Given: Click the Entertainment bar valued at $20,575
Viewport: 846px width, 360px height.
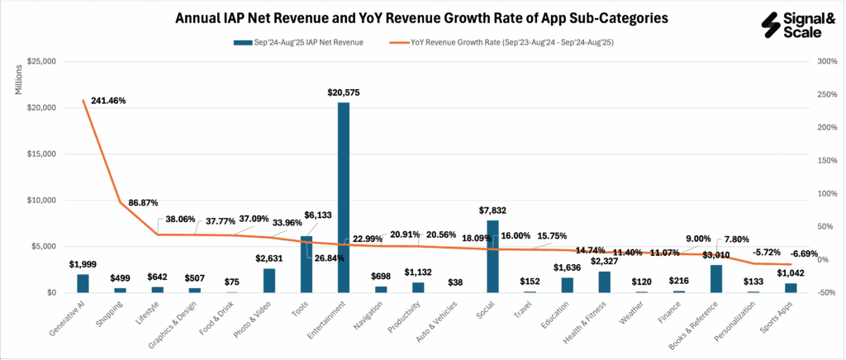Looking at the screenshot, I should pyautogui.click(x=343, y=197).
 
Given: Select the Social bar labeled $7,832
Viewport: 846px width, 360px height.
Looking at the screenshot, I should pyautogui.click(x=492, y=256).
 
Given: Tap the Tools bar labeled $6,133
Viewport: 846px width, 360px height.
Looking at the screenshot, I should pyautogui.click(x=306, y=264).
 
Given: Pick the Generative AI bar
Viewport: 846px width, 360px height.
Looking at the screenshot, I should pyautogui.click(x=83, y=283).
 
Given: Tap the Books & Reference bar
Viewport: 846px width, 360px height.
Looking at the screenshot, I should pyautogui.click(x=716, y=278).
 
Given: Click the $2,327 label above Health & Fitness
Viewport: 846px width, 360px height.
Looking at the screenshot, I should pyautogui.click(x=604, y=263).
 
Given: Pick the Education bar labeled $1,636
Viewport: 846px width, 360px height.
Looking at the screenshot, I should pyautogui.click(x=567, y=285).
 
